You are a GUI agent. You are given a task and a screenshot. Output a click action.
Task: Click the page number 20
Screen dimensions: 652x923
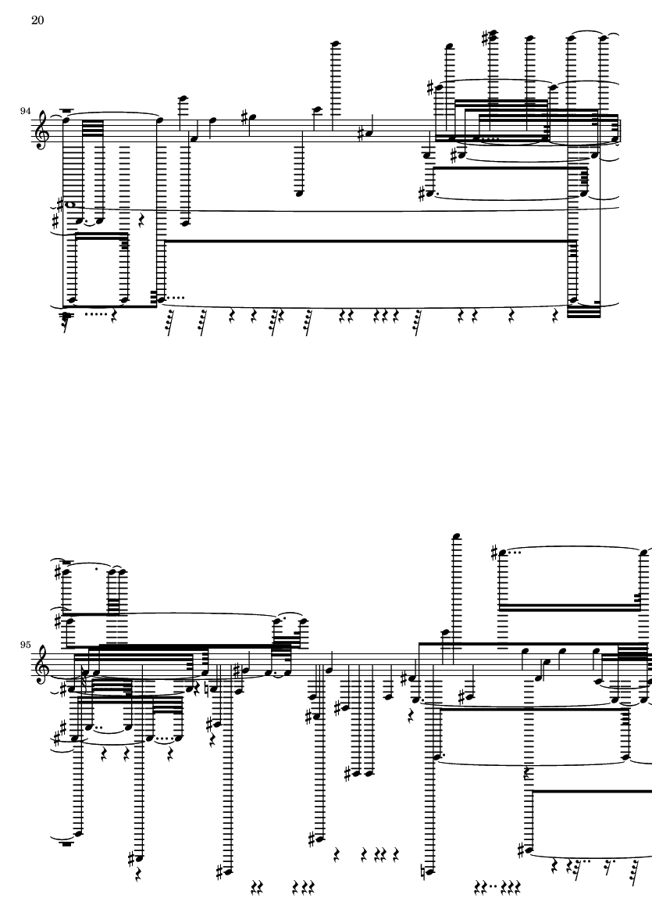(37, 20)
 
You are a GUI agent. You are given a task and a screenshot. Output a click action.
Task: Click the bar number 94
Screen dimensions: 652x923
(26, 111)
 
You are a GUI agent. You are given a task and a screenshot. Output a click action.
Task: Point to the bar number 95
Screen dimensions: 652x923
(26, 645)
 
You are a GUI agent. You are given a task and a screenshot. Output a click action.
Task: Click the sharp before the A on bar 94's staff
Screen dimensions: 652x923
(360, 134)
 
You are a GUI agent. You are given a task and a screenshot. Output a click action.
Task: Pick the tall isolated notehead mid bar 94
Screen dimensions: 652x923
(336, 44)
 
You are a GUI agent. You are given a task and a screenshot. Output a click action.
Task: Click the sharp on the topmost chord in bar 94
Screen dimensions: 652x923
(485, 38)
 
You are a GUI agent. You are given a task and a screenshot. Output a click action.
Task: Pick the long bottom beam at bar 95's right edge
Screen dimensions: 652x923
(591, 792)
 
